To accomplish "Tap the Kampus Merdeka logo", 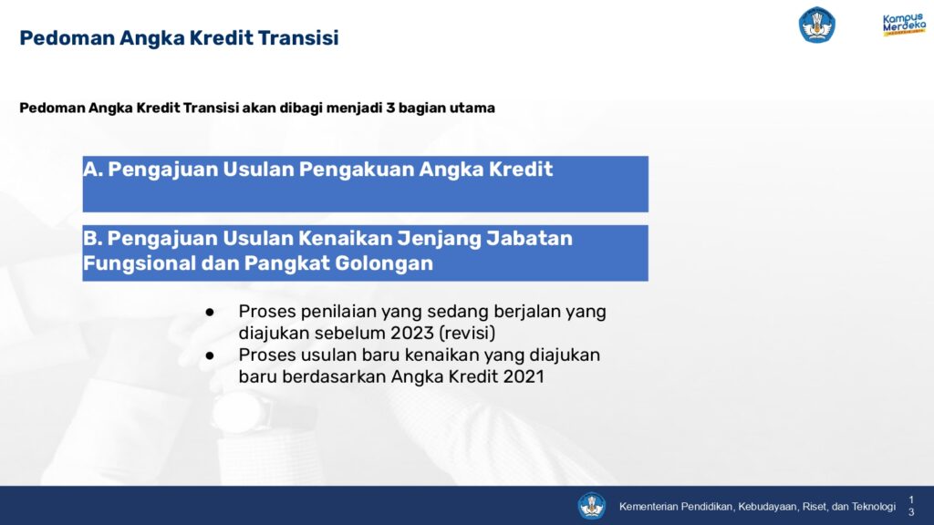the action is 904,25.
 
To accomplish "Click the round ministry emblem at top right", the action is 816,25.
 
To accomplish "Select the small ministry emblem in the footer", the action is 591,506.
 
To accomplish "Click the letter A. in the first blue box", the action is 93,169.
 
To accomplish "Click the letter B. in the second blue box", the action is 93,238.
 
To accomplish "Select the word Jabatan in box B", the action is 529,238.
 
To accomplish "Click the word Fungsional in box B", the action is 140,263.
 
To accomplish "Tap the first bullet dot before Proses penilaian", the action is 210,312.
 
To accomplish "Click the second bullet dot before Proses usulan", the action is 210,355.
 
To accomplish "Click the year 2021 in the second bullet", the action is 524,376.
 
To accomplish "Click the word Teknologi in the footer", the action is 873,507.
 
